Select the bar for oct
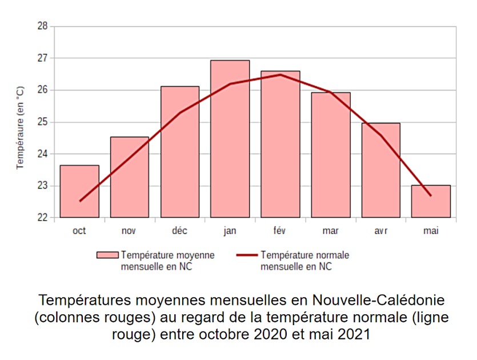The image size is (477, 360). [x=79, y=191]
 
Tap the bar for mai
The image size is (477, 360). [x=431, y=201]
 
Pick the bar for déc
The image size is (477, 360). [x=180, y=152]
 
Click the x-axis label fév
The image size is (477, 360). [x=280, y=231]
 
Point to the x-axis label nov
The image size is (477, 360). [x=130, y=231]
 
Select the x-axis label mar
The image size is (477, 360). [x=330, y=231]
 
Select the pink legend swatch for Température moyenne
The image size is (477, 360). [x=107, y=255]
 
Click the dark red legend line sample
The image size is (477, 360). [x=246, y=255]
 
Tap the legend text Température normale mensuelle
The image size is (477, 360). [x=304, y=261]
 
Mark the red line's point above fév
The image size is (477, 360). [x=280, y=74]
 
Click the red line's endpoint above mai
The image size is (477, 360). [x=431, y=196]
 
